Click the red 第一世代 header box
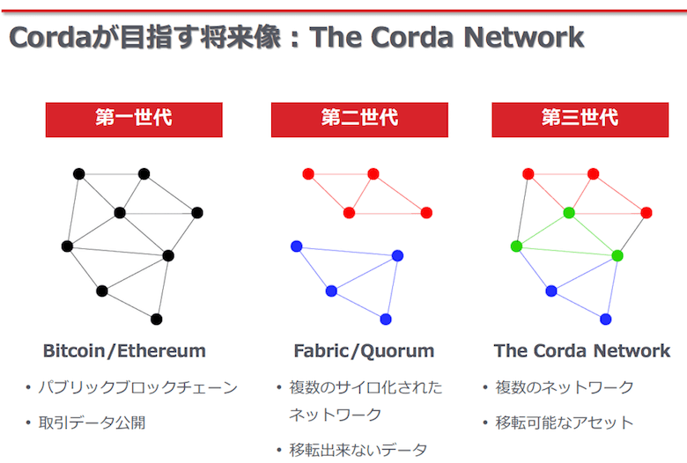(134, 120)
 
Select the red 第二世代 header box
(359, 120)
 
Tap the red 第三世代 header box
(580, 120)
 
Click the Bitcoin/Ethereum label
(124, 351)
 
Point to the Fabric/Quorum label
(364, 351)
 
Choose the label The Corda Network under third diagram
(582, 351)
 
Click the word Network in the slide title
(523, 37)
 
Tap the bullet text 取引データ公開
(92, 423)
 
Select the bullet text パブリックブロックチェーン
(138, 387)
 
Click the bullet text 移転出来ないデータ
(358, 450)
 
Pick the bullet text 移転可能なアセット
(565, 423)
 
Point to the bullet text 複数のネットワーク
(565, 387)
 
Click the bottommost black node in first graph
(157, 320)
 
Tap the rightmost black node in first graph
(197, 213)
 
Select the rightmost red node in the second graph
(426, 213)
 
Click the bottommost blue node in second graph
(386, 320)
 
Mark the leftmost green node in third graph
(516, 246)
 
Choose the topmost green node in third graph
(569, 213)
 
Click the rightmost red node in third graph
(646, 213)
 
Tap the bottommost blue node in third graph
(605, 320)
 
